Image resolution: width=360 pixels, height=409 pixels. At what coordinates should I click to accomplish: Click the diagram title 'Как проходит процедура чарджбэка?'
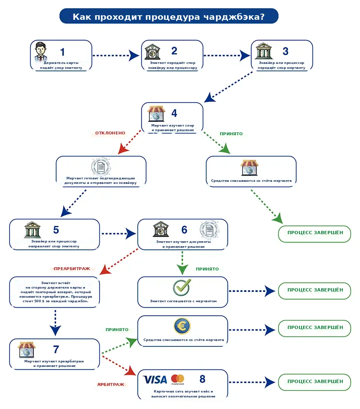pos(169,16)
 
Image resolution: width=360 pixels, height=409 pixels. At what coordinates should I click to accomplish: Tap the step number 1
pos(62,52)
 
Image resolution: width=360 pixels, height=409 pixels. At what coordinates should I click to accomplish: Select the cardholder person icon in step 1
pos(41,52)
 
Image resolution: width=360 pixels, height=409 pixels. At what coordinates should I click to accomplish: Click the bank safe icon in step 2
pos(152,52)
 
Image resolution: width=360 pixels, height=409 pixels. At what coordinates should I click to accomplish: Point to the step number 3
pos(285,51)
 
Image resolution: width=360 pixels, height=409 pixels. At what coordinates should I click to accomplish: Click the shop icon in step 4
pos(156,114)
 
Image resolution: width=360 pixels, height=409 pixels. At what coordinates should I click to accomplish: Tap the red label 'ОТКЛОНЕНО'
pos(110,133)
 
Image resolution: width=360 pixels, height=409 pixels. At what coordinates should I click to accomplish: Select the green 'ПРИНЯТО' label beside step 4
pos(231,134)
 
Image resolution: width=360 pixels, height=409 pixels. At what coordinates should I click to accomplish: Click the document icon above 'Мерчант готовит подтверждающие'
pos(101,167)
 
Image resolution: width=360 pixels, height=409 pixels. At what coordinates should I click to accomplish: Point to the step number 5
pos(56,230)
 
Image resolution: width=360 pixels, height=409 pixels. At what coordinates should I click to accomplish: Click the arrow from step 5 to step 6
pos(119,234)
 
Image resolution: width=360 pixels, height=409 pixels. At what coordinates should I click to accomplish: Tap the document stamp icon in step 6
pos(209,230)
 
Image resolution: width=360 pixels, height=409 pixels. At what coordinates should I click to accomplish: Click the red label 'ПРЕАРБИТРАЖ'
pos(72,269)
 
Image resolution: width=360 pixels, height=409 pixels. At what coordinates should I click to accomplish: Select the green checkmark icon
pos(182,287)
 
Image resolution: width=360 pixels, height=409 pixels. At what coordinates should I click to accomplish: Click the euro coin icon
pos(182,326)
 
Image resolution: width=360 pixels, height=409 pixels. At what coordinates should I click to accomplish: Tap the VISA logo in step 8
pos(155,380)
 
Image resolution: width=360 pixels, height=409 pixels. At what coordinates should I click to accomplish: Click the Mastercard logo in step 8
pos(178,379)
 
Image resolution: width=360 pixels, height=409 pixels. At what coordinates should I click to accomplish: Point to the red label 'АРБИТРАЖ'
pos(111,385)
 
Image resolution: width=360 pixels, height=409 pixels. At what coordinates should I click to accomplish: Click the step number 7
pos(56,350)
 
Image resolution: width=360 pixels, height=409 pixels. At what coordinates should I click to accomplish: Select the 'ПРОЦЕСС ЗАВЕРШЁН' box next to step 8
pos(315,382)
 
